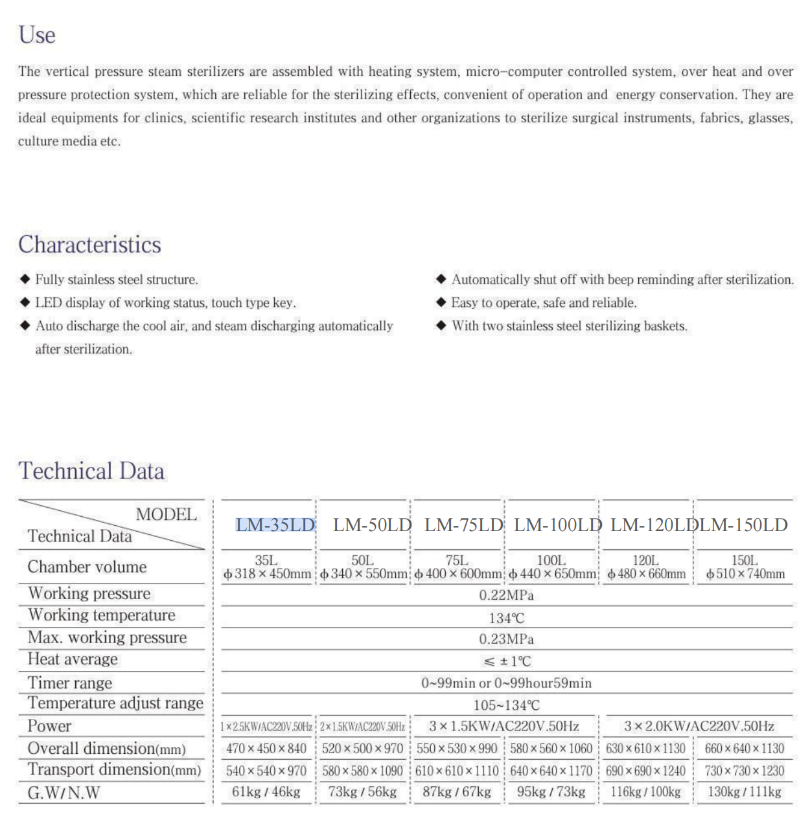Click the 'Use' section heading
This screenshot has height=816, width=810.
click(37, 35)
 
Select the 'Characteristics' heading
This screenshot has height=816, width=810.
click(89, 245)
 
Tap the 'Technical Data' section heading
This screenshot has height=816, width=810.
click(91, 471)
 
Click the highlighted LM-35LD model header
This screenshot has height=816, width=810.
click(275, 525)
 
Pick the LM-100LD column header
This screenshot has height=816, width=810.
click(558, 525)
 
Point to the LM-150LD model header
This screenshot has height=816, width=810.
click(744, 525)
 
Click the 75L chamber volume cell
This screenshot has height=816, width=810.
click(457, 567)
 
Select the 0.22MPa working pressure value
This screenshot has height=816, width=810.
click(506, 595)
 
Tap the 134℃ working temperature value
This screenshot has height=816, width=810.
click(506, 618)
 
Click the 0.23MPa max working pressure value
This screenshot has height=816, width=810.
click(506, 639)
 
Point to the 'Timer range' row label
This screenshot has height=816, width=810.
click(70, 683)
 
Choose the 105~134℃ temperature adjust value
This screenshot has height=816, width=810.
click(506, 705)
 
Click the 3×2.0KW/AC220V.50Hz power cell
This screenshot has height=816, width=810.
click(699, 726)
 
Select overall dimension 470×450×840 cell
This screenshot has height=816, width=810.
click(266, 749)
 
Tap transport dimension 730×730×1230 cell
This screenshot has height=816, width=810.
click(744, 771)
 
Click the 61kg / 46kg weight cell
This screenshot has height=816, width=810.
click(266, 792)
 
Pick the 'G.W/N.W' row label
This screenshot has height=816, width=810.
click(64, 793)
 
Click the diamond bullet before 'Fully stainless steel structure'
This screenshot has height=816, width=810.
click(25, 279)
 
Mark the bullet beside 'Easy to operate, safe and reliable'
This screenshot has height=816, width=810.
click(441, 302)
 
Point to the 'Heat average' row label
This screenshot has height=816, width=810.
click(73, 659)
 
